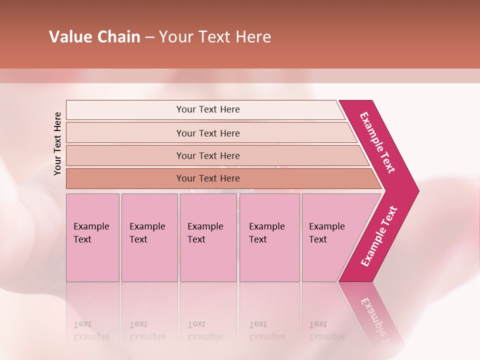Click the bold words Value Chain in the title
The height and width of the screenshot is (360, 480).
click(x=94, y=37)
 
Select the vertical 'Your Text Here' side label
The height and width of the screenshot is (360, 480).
click(x=57, y=143)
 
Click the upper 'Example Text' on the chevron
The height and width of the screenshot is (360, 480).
click(x=377, y=142)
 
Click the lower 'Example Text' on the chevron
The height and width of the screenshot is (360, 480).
click(x=379, y=236)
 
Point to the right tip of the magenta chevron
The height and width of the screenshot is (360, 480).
click(x=417, y=191)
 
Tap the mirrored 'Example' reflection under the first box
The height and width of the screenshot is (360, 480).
click(x=91, y=336)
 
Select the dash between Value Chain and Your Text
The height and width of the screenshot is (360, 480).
click(x=149, y=37)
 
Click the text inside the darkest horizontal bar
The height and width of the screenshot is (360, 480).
click(x=208, y=178)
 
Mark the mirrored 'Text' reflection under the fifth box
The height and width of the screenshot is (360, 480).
click(x=318, y=324)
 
